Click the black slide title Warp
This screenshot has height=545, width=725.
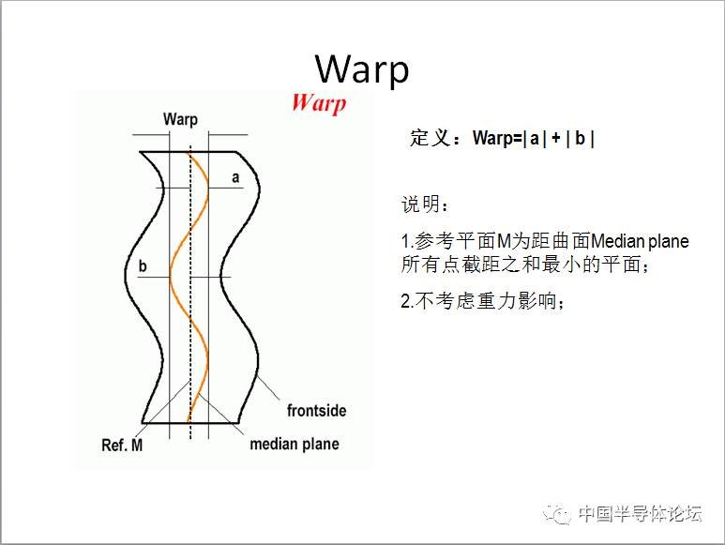362,69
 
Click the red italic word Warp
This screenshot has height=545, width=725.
319,102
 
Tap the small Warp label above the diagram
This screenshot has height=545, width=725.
180,120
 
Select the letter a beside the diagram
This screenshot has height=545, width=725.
235,177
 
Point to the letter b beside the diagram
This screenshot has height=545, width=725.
143,265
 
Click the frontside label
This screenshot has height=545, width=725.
316,411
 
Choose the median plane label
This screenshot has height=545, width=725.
295,445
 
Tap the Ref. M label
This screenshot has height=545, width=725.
122,446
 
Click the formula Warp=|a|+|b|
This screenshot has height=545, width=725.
534,138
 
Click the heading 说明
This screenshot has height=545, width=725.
420,204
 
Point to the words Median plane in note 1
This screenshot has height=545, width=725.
640,241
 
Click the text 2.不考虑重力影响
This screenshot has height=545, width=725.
483,301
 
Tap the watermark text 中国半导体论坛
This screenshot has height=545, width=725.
641,513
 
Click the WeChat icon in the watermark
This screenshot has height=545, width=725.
557,514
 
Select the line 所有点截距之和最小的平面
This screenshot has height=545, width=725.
525,265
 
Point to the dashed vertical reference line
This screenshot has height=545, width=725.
190,291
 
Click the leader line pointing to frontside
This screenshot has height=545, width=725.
267,387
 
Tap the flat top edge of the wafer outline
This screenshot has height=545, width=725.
189,152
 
